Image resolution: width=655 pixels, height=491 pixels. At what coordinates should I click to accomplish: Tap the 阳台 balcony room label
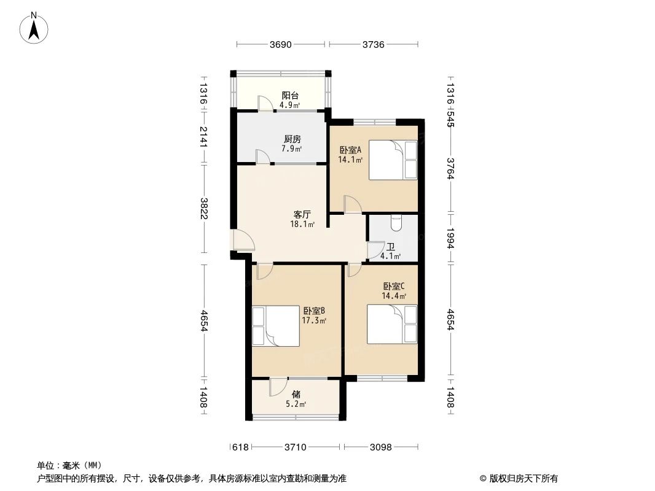[290, 96]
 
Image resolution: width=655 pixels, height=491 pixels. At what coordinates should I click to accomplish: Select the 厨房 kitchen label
[291, 139]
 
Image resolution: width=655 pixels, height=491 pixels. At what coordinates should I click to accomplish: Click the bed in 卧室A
[393, 160]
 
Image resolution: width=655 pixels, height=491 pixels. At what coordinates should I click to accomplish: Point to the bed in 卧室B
[276, 326]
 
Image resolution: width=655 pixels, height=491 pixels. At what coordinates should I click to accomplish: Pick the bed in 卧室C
[391, 324]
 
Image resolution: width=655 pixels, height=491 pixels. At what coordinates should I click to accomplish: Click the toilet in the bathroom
[396, 223]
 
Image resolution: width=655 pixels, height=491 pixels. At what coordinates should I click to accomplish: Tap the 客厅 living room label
[302, 215]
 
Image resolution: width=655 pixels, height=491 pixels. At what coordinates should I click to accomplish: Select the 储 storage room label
[296, 394]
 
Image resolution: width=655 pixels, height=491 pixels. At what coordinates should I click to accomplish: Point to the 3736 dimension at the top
[374, 44]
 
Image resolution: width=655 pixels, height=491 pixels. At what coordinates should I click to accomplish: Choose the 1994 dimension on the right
[450, 238]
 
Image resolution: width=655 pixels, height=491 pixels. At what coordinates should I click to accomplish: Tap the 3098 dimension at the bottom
[381, 447]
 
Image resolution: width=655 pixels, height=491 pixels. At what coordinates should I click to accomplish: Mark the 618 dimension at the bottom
[241, 447]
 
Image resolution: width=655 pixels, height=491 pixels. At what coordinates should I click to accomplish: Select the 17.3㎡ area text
[313, 320]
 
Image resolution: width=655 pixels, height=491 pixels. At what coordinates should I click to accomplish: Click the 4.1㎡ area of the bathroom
[390, 257]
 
